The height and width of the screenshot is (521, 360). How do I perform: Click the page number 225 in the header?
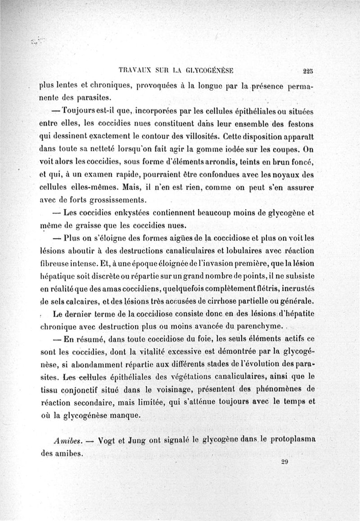tap(308, 70)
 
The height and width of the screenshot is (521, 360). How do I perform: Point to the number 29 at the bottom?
tap(284, 462)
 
